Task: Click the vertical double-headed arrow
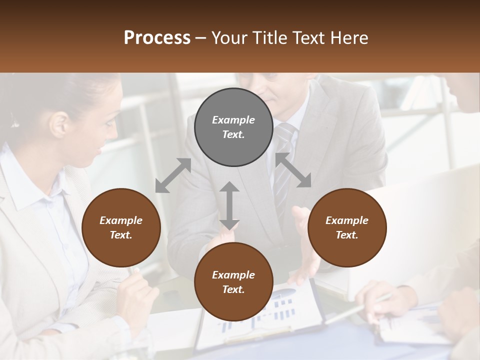[229, 205]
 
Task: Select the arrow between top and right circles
[293, 170]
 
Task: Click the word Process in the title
[157, 37]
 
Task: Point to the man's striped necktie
[283, 165]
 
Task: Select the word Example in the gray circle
[233, 120]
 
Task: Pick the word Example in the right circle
[347, 220]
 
